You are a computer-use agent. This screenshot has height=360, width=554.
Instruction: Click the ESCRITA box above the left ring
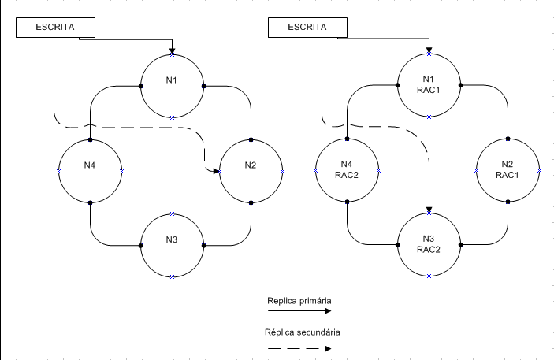click(56, 28)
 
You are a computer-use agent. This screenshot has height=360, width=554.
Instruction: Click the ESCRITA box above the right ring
click(308, 28)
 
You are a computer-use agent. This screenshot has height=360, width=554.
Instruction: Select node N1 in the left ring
click(172, 86)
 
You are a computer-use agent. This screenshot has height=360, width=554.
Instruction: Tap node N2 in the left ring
click(251, 170)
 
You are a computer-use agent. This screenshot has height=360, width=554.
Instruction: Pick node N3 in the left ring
click(172, 245)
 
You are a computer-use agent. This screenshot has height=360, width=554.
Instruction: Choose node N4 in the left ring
click(91, 170)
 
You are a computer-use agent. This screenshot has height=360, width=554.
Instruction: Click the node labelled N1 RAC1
click(429, 85)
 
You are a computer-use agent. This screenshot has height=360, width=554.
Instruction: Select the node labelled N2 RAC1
click(508, 170)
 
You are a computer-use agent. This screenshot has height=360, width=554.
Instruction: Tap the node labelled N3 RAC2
click(429, 244)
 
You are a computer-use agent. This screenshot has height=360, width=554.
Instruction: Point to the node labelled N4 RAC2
click(347, 170)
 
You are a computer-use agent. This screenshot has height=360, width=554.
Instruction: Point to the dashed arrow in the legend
click(299, 347)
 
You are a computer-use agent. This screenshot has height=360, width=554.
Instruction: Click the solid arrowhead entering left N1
click(172, 51)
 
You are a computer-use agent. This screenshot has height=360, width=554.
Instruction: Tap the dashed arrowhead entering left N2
click(214, 170)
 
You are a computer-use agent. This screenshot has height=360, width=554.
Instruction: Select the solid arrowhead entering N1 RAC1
click(429, 51)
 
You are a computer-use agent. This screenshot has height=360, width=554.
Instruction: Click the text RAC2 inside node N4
click(347, 175)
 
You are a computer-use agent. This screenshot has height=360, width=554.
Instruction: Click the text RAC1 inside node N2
click(508, 175)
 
